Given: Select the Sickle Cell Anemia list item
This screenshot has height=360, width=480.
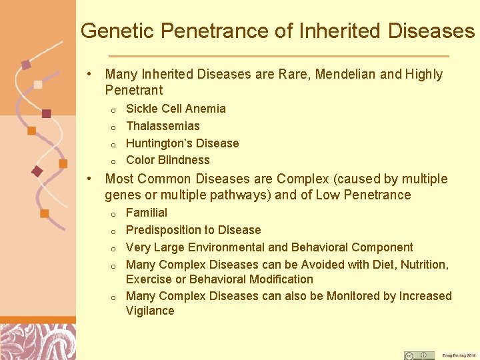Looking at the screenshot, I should [176, 109].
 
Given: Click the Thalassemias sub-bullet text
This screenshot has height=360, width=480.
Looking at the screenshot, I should [163, 126].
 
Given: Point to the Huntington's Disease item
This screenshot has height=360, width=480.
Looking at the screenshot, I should [182, 143].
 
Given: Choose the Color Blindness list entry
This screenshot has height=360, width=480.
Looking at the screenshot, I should [168, 160].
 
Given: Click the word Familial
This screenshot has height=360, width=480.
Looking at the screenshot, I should [147, 213].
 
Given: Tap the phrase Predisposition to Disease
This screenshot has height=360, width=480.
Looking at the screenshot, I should [193, 230].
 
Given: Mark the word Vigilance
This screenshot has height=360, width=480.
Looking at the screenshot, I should [150, 311].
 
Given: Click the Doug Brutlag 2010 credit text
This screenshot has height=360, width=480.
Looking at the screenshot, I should [459, 355].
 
